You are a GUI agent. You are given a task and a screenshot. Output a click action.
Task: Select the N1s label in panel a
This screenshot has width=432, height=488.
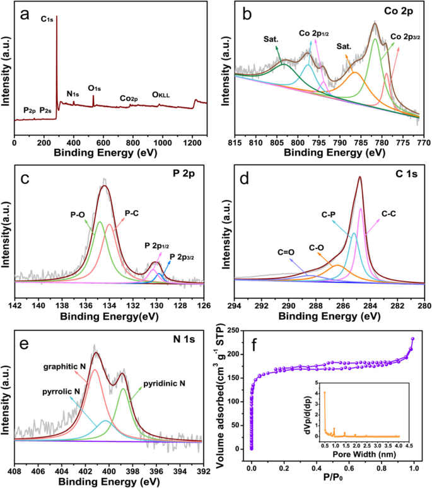pyautogui.click(x=73, y=95)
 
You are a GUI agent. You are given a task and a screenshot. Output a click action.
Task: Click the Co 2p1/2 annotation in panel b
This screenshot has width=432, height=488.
pyautogui.click(x=313, y=32)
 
